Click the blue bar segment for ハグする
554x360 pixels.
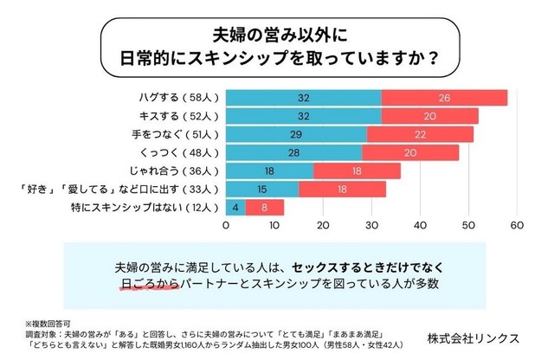[x=304, y=98]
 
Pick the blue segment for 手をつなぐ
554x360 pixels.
[x=296, y=134]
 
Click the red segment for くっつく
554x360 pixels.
[x=410, y=152]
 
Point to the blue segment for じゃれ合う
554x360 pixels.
[x=270, y=170]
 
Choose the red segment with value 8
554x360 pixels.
[x=265, y=207]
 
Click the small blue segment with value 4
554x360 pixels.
[x=235, y=207]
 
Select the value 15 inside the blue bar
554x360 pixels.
[x=262, y=189]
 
